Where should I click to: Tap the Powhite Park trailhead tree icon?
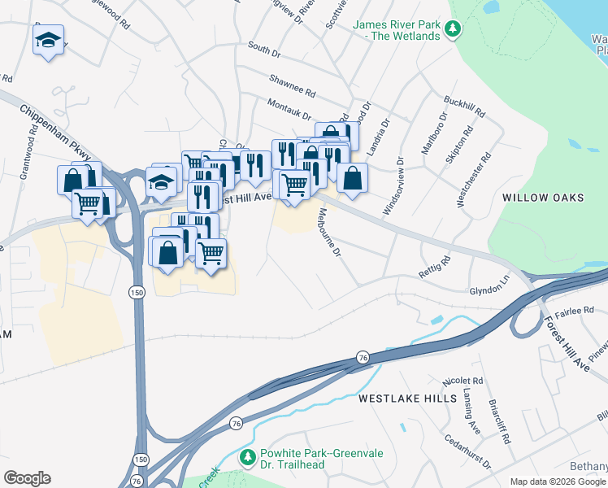point(249,458)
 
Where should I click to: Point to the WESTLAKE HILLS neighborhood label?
point(400,399)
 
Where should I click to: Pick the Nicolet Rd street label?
point(463,381)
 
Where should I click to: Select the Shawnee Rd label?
point(293,84)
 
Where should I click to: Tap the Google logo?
point(27,478)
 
